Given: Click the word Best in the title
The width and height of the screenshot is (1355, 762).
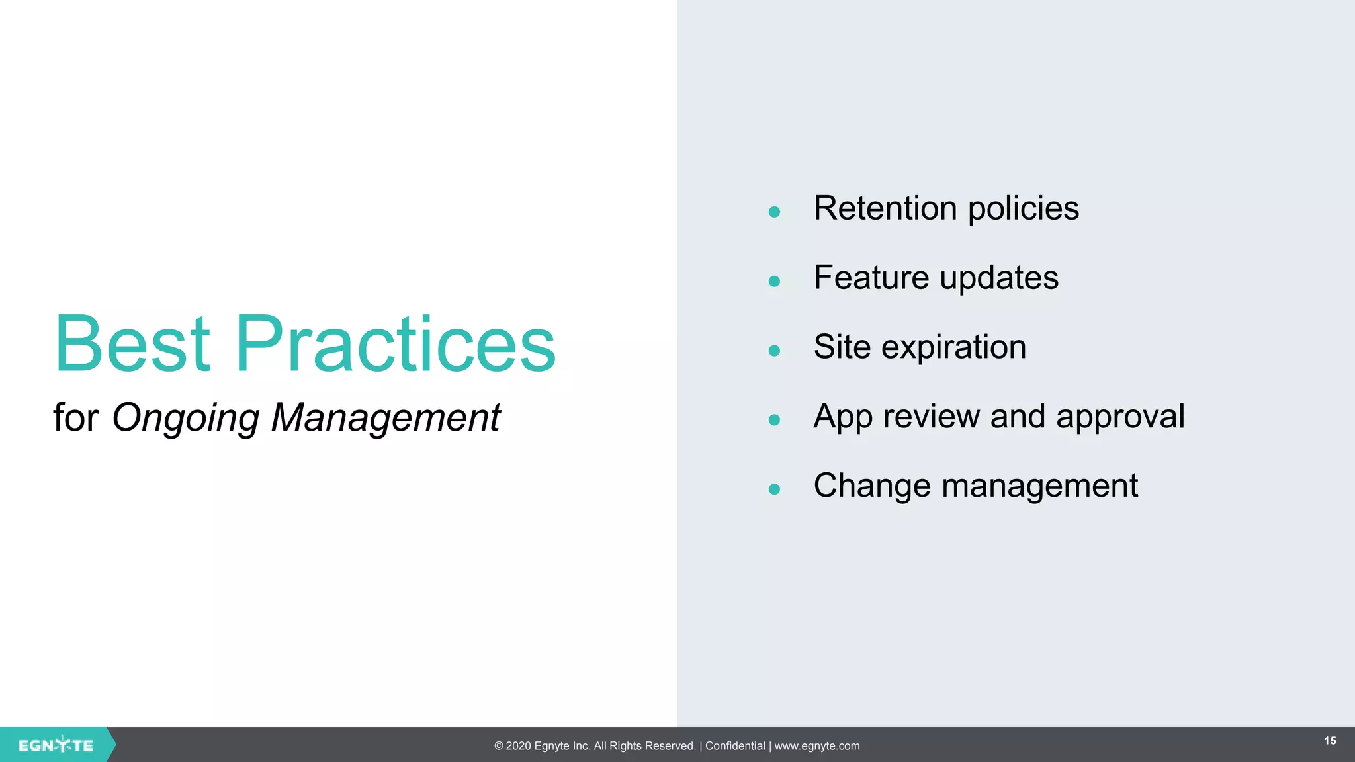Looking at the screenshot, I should coord(132,344).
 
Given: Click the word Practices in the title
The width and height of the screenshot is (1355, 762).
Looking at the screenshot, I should coord(395,344).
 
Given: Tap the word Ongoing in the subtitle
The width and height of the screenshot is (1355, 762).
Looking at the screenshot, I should coord(186,419).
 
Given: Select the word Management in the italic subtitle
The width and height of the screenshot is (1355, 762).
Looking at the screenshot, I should coord(386,419).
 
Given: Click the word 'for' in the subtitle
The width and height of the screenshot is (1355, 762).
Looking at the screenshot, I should coord(75,419).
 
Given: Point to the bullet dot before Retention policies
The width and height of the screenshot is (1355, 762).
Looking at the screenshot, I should coord(774,212).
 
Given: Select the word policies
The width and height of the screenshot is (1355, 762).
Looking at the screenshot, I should coord(1023,209).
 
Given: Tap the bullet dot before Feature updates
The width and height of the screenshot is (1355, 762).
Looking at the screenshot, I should coord(774,282).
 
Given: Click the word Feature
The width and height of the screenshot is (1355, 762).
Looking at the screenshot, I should coord(871,278).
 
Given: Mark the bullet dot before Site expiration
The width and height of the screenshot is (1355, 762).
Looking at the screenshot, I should coord(774,351).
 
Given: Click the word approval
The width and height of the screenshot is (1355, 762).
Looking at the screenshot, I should coord(1120,417).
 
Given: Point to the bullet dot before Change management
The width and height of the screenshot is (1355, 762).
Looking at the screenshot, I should coord(774,489).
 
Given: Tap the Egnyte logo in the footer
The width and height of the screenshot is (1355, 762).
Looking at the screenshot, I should coord(56,745).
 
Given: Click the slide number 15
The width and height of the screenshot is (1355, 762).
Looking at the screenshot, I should coord(1330,741).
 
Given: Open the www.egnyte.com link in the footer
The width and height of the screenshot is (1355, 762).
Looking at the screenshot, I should coord(817,746).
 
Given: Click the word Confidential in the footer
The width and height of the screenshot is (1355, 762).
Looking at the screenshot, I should coord(735,746).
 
